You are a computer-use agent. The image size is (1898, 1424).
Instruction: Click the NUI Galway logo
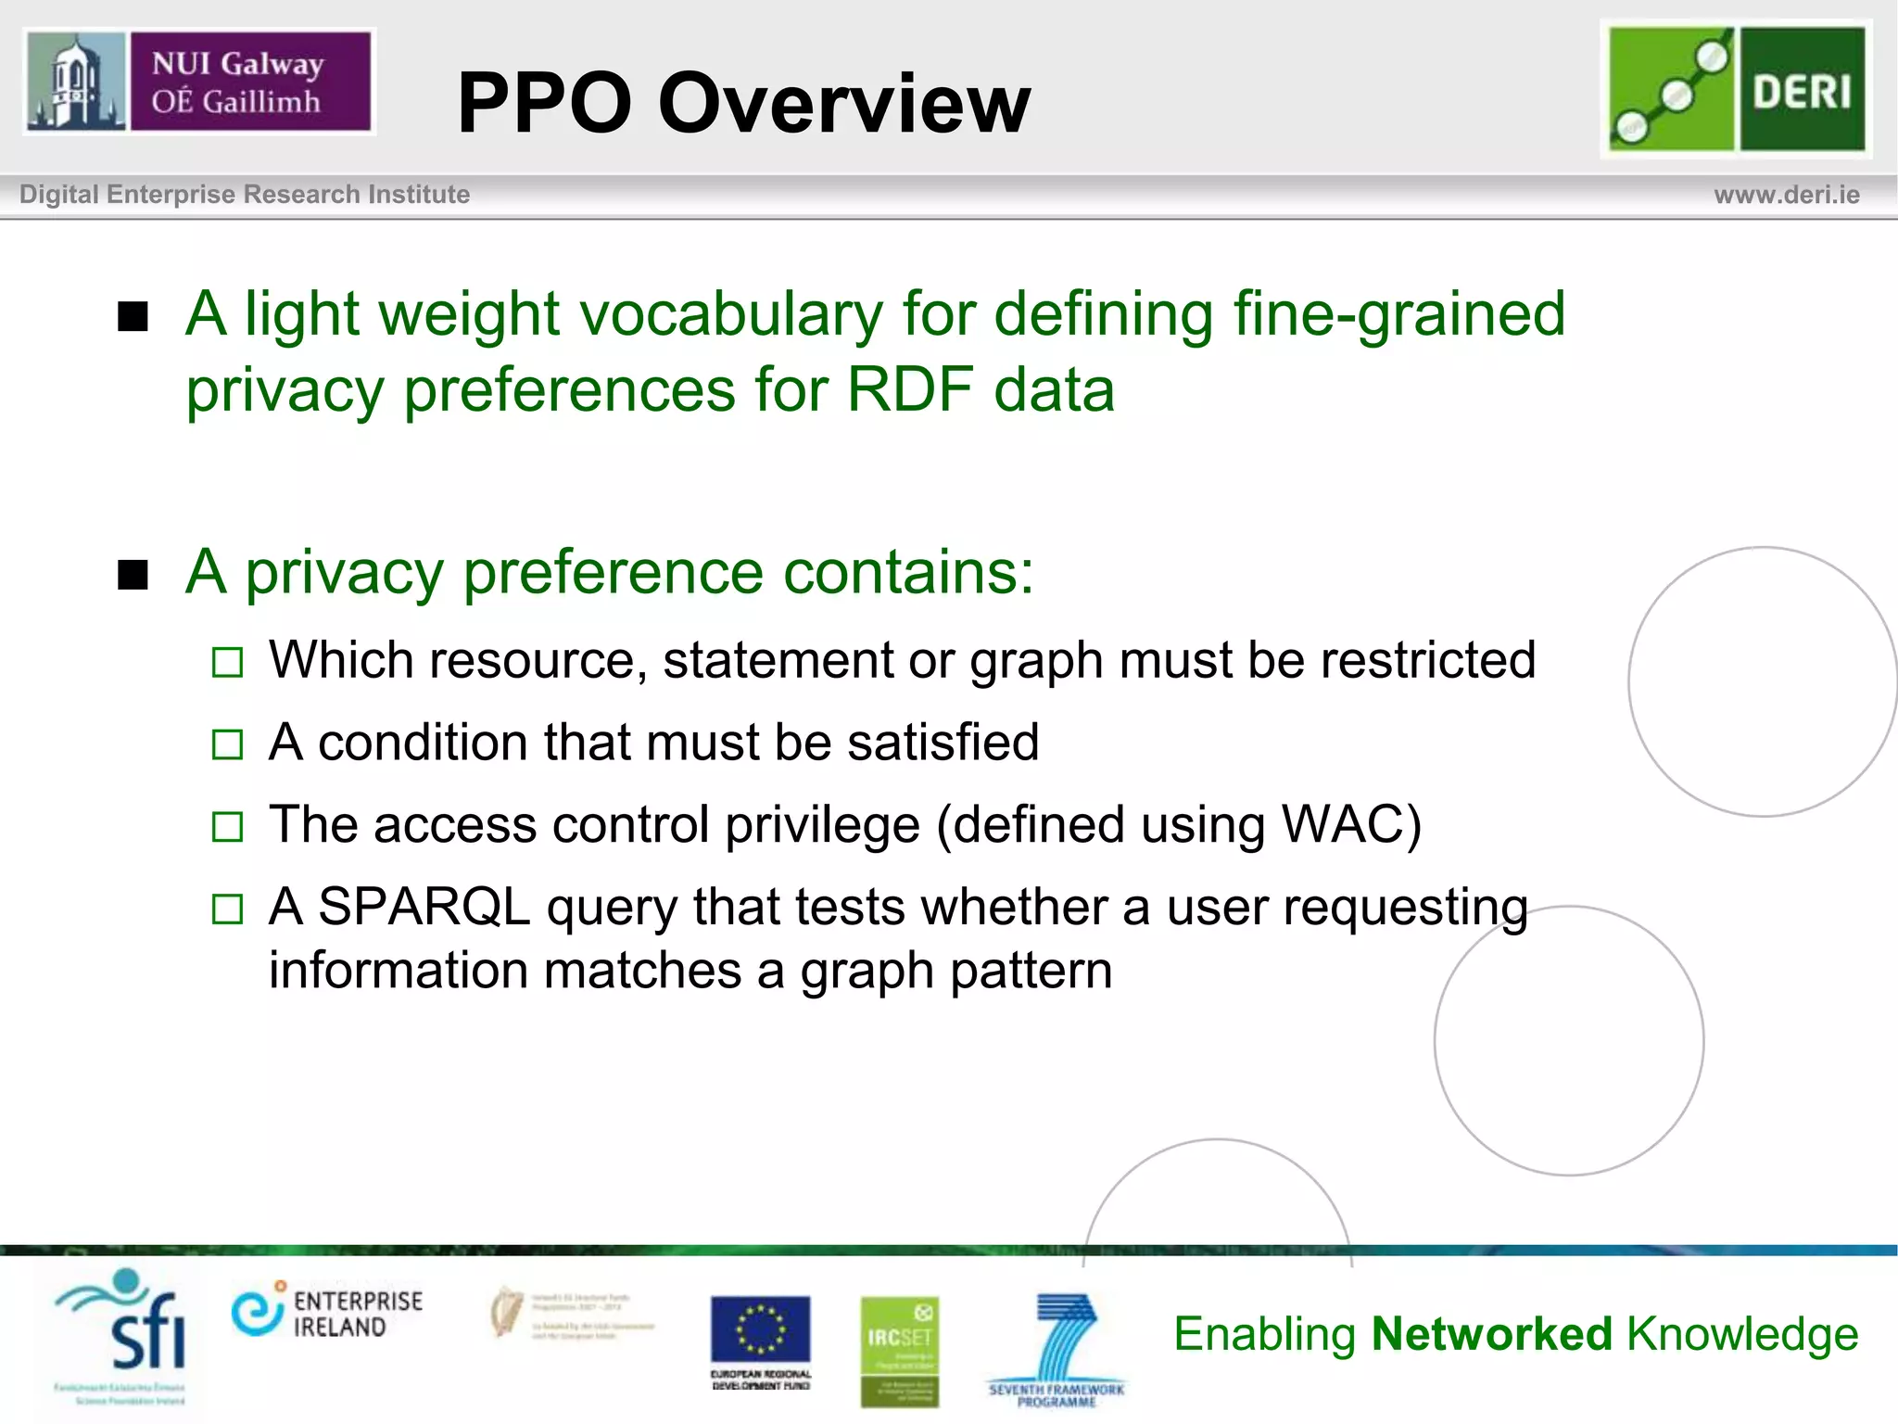click(198, 82)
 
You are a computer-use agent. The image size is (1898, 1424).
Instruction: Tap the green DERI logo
click(1736, 89)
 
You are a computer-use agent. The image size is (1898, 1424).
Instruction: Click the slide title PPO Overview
click(743, 103)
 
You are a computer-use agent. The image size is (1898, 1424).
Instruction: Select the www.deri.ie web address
click(1786, 195)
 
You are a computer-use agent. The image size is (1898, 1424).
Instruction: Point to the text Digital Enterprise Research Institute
click(245, 195)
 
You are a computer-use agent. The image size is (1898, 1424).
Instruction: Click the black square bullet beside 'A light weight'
click(133, 317)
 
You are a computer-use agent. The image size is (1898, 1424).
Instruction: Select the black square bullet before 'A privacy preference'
click(133, 575)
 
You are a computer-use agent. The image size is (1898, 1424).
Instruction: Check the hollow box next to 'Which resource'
click(227, 663)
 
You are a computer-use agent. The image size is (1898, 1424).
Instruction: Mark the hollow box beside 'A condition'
click(227, 744)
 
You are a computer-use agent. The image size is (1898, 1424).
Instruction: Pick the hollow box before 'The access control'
click(227, 826)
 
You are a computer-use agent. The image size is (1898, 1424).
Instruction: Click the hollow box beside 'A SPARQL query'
click(227, 909)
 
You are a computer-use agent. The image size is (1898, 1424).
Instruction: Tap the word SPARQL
click(424, 907)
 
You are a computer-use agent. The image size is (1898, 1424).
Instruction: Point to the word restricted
click(1427, 660)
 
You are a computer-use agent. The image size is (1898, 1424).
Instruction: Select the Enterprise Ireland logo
click(327, 1314)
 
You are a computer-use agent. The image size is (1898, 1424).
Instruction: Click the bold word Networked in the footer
click(1492, 1334)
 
